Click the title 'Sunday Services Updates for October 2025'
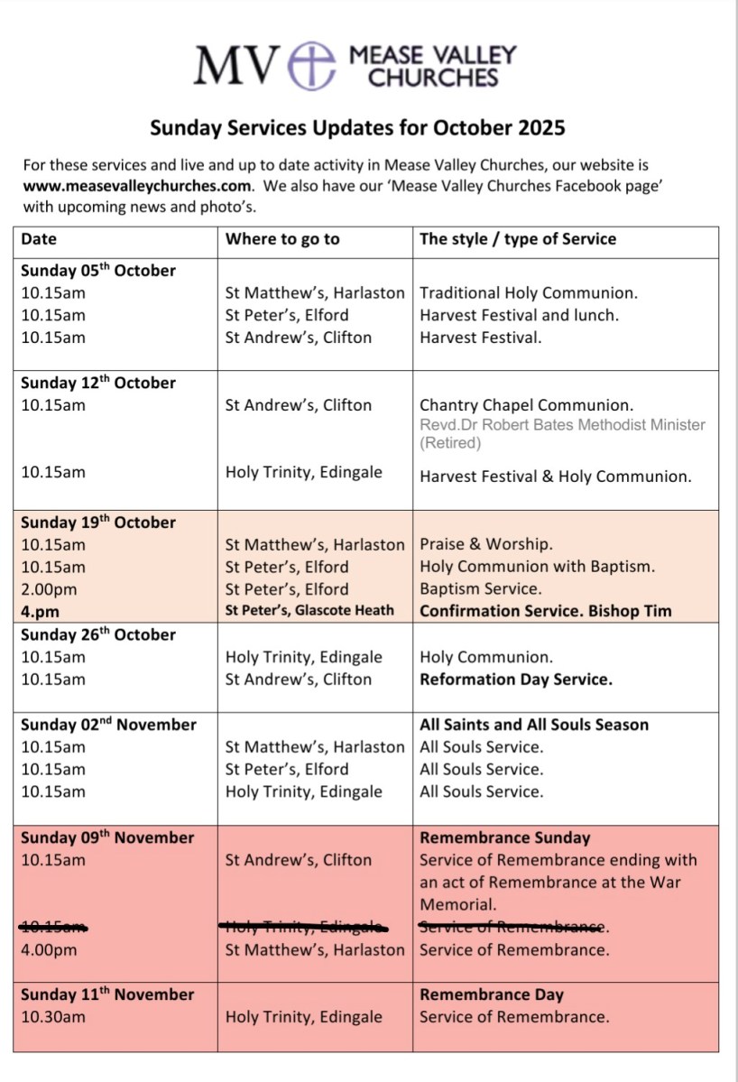tap(357, 128)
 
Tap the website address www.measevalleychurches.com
tap(136, 186)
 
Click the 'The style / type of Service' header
tap(518, 239)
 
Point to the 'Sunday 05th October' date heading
tap(98, 271)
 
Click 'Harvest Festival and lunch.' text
tap(520, 315)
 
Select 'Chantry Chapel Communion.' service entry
tap(526, 405)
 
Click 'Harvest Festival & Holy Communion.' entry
tap(555, 476)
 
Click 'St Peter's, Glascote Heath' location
tap(309, 611)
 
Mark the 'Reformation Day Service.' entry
tap(515, 680)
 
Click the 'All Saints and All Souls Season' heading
tap(533, 725)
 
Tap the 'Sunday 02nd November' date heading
tap(108, 725)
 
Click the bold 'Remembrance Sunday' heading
tap(504, 837)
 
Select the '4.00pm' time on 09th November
tap(49, 949)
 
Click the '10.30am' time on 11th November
tap(53, 1017)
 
